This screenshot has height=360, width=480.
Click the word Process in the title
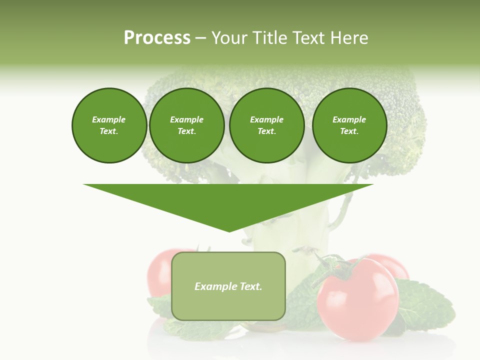point(157,38)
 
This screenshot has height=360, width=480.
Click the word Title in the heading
point(268,38)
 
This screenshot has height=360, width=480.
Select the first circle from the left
point(109,125)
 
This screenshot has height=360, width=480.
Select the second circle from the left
point(186,125)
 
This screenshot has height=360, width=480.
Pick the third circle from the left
point(266,125)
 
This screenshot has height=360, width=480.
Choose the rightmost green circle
point(349,125)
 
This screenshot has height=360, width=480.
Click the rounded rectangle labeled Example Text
point(228,300)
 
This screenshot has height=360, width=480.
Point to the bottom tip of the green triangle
point(229,231)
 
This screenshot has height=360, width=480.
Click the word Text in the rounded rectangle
point(250,286)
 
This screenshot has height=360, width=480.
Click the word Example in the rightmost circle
point(349,119)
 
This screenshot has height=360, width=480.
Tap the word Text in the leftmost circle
point(109,131)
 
